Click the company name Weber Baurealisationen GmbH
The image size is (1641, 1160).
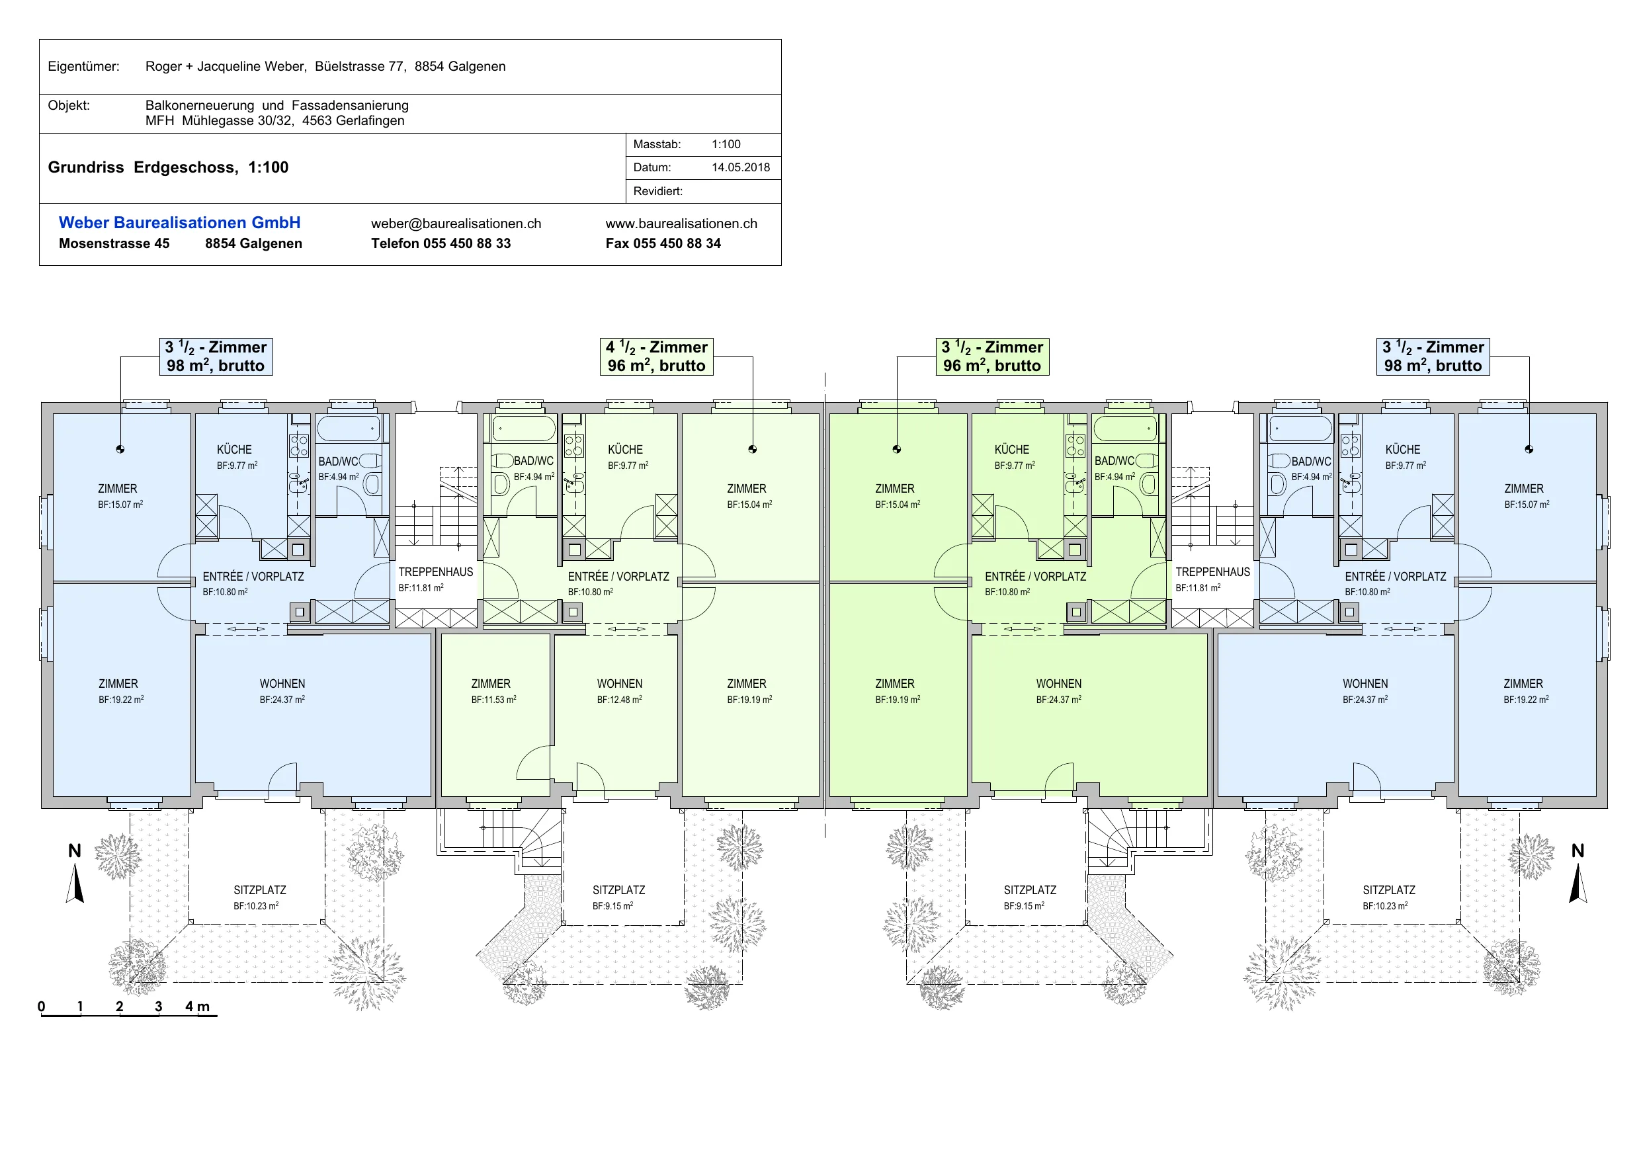pyautogui.click(x=179, y=223)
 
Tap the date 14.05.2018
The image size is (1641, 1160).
pyautogui.click(x=740, y=167)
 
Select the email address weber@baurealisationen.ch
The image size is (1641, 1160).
pyautogui.click(x=456, y=224)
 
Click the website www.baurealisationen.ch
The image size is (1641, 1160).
pyautogui.click(x=681, y=224)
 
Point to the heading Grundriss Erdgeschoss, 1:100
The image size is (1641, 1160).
pyautogui.click(x=168, y=167)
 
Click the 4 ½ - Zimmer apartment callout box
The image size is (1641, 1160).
pyautogui.click(x=656, y=356)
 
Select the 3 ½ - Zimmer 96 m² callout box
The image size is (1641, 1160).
pyautogui.click(x=992, y=356)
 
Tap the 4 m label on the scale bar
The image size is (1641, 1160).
pyautogui.click(x=197, y=1007)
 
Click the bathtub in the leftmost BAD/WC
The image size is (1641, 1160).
pyautogui.click(x=348, y=429)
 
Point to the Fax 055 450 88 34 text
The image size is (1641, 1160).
pyautogui.click(x=663, y=244)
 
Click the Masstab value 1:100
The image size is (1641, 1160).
pyautogui.click(x=726, y=144)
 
